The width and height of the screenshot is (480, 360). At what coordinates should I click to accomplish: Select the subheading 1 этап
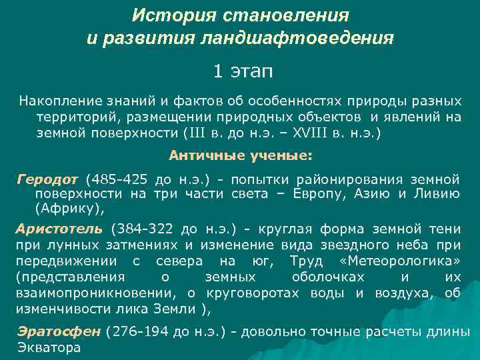pyautogui.click(x=243, y=71)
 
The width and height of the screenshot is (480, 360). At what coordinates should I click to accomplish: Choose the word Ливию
pyautogui.click(x=437, y=193)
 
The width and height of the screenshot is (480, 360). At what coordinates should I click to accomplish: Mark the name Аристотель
pyautogui.click(x=59, y=229)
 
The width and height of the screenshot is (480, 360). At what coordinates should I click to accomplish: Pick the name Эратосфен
pyautogui.click(x=59, y=332)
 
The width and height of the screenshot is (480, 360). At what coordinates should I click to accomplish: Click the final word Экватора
pyautogui.click(x=49, y=347)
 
